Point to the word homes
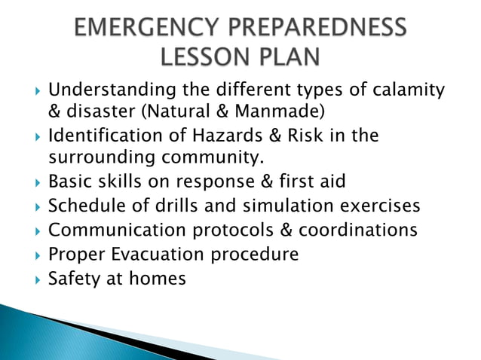(x=157, y=278)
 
